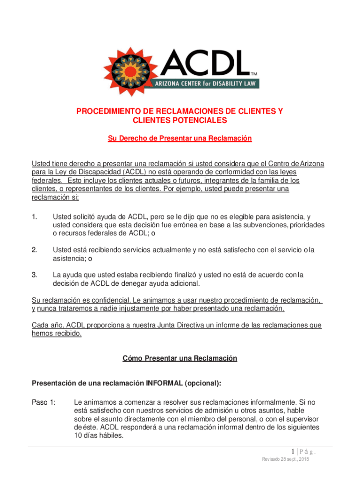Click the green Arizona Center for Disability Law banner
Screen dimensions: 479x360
tap(204, 84)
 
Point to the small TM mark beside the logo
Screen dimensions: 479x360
tap(254, 74)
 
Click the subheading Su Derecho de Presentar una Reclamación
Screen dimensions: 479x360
tap(180, 138)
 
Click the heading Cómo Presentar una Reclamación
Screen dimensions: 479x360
tap(180, 358)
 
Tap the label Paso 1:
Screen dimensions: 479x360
tap(44, 402)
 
